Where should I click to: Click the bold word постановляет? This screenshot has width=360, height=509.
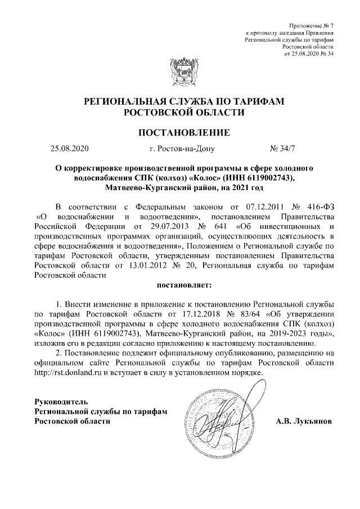click(x=179, y=286)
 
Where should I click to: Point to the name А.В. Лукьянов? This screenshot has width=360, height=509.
click(x=304, y=421)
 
